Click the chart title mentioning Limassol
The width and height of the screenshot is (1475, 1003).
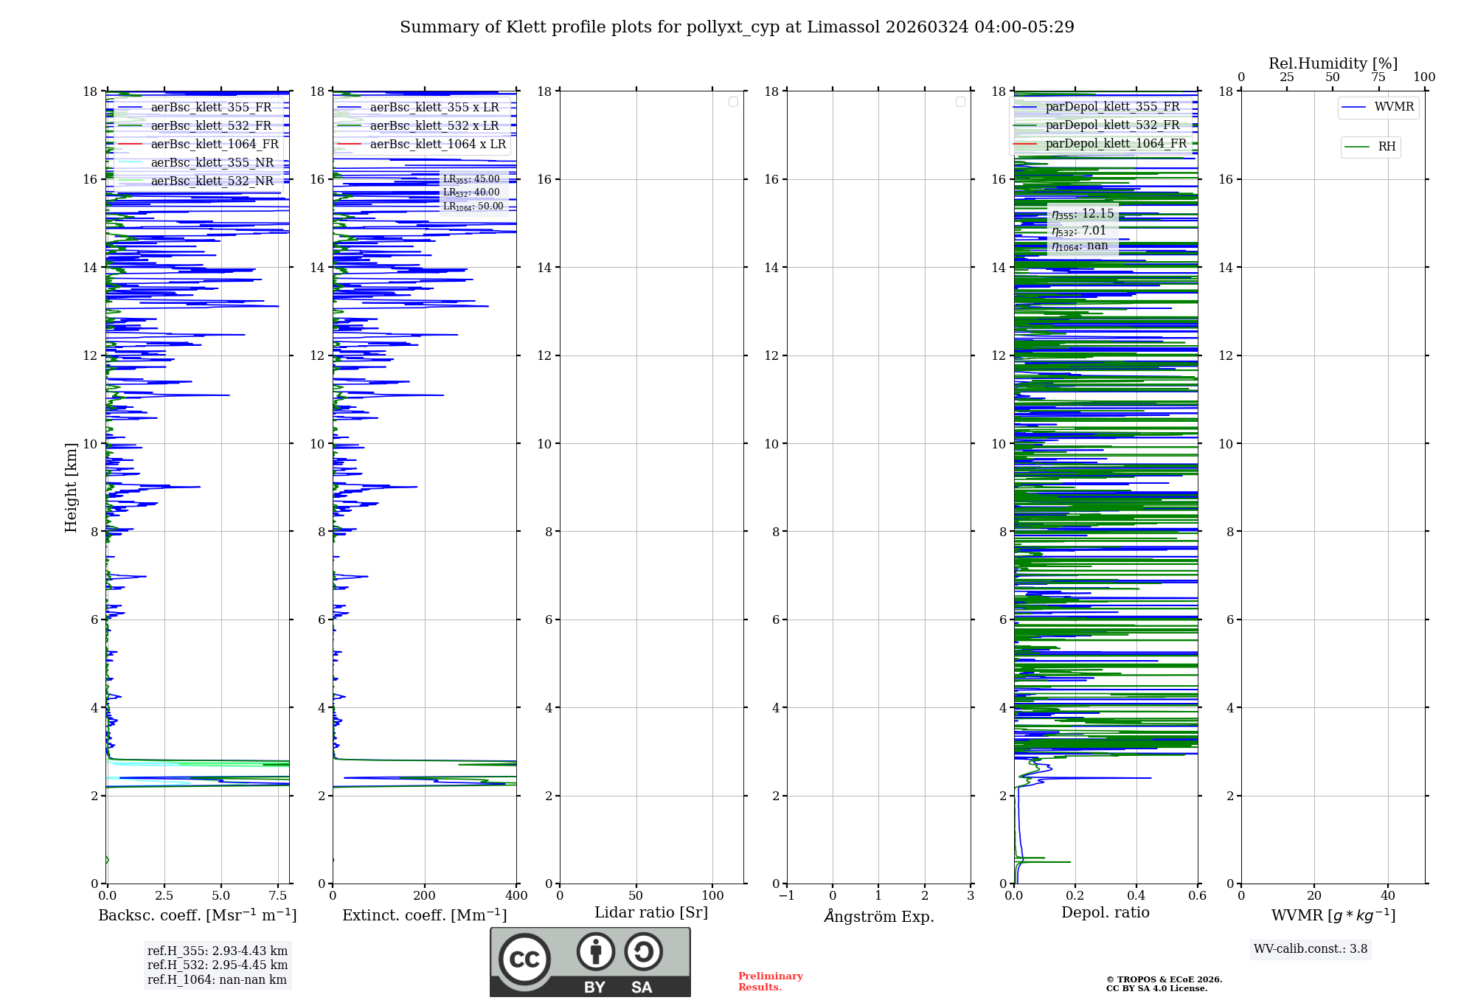click(737, 27)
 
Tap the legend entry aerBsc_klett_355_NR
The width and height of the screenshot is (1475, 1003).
click(212, 163)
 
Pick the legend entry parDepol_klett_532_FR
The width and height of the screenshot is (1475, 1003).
click(1112, 125)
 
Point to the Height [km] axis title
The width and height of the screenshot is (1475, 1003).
click(71, 487)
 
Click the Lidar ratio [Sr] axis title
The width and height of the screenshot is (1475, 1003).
click(651, 913)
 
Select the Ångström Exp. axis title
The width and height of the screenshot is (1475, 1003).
click(878, 917)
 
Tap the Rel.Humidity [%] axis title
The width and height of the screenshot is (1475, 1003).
click(1333, 63)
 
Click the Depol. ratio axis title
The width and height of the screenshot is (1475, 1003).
click(1105, 913)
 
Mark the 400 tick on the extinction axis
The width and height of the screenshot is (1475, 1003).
click(516, 896)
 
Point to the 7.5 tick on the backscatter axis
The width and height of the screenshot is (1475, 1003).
click(278, 896)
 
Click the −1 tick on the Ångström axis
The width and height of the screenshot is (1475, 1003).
click(786, 896)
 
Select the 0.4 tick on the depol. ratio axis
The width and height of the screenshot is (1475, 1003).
click(1136, 896)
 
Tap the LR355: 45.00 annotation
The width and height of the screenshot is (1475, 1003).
click(471, 179)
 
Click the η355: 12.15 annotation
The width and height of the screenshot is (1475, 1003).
click(1083, 214)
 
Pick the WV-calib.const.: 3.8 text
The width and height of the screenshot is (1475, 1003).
click(1311, 949)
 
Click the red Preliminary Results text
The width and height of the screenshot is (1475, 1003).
click(770, 982)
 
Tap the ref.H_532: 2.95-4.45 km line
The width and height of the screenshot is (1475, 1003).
click(218, 965)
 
